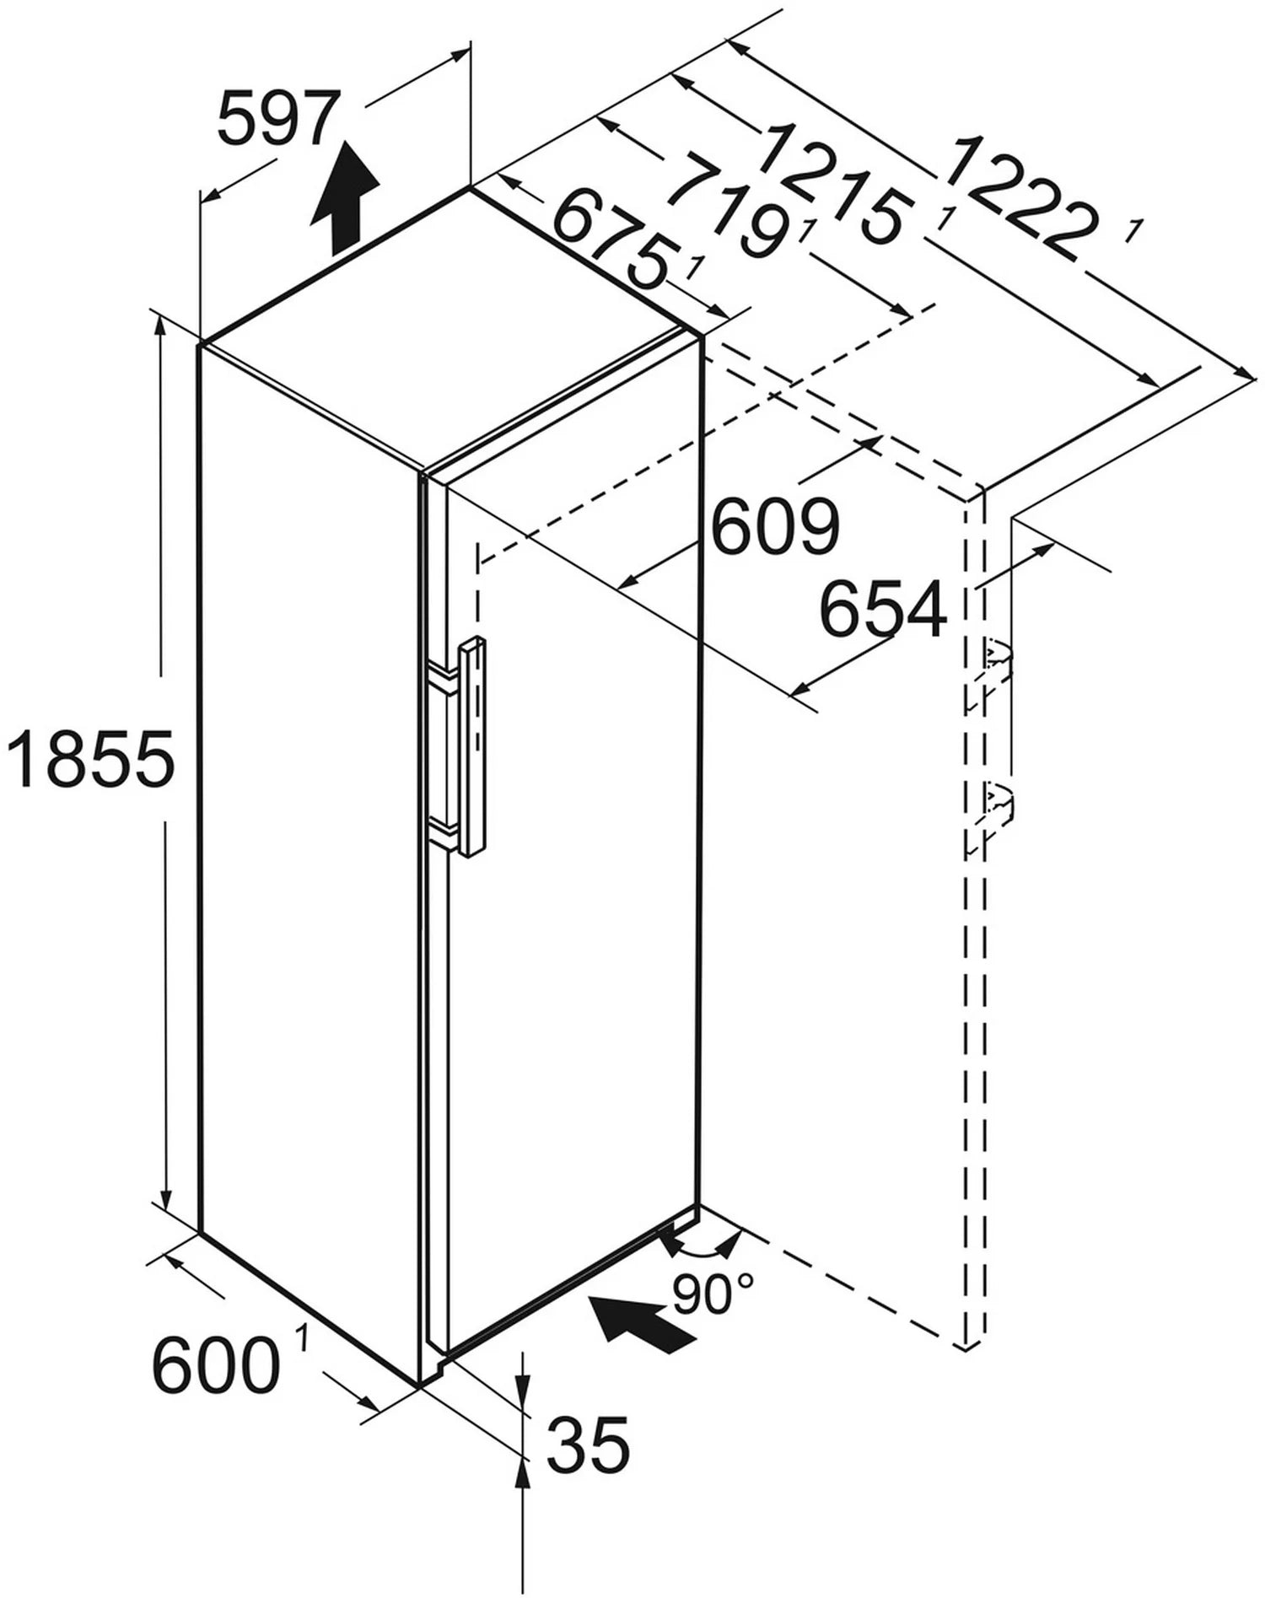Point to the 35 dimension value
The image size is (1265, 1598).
coord(588,1467)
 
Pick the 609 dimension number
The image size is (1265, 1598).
coord(775,526)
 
